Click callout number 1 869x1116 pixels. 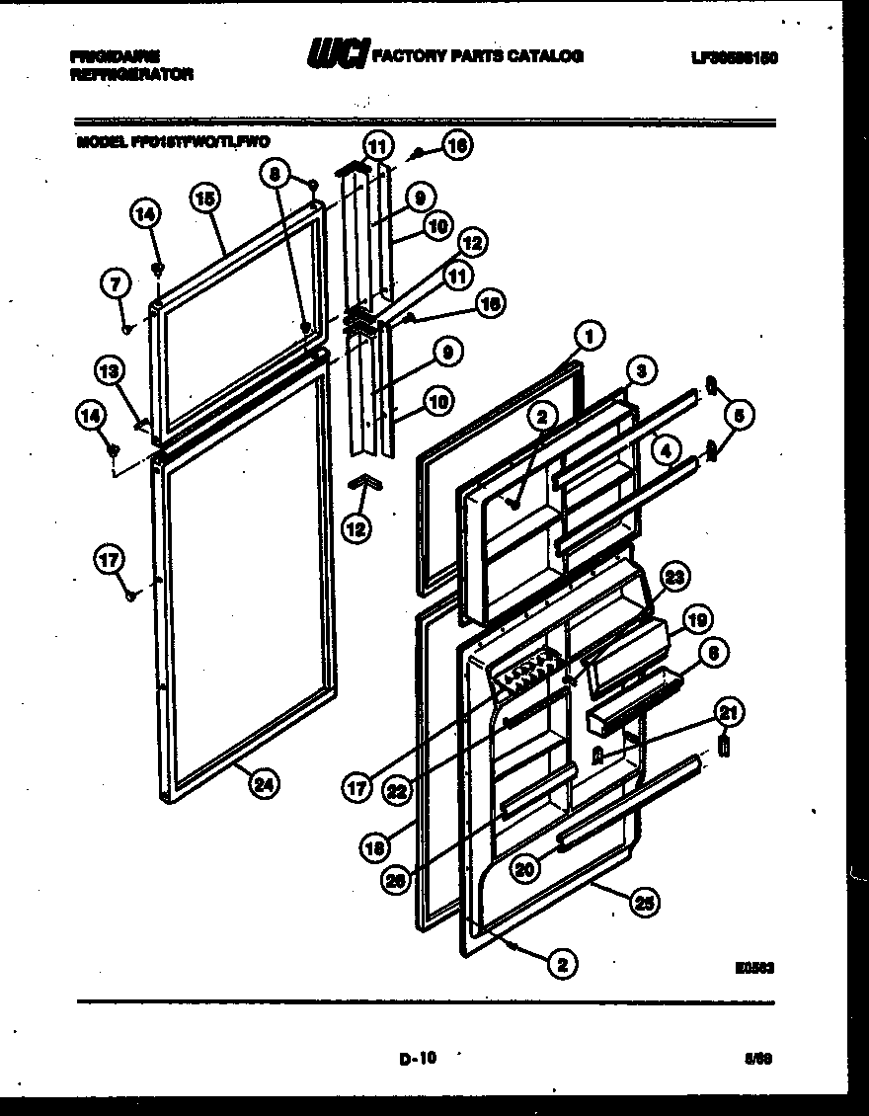589,337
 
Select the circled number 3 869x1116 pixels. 641,371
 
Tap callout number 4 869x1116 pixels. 666,449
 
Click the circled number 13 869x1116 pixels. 110,371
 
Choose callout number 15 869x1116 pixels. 204,199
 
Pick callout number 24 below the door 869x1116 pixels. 262,785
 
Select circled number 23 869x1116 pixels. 673,579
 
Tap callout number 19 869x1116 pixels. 697,621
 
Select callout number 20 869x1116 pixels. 526,868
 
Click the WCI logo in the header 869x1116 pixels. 336,55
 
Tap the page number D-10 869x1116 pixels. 419,1060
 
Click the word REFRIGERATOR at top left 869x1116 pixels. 132,74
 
